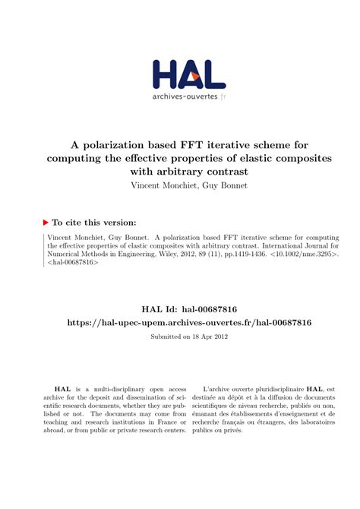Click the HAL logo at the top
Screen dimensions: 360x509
point(188,73)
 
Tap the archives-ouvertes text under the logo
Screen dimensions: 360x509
point(185,96)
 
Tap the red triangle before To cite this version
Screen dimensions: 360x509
point(45,223)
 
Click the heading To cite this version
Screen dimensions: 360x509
point(94,223)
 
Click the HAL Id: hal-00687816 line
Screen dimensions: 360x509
point(179,309)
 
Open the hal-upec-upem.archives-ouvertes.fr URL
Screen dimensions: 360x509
point(179,323)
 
